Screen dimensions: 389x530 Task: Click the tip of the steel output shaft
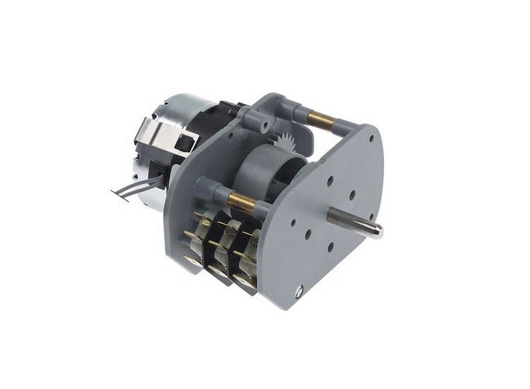(379, 230)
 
